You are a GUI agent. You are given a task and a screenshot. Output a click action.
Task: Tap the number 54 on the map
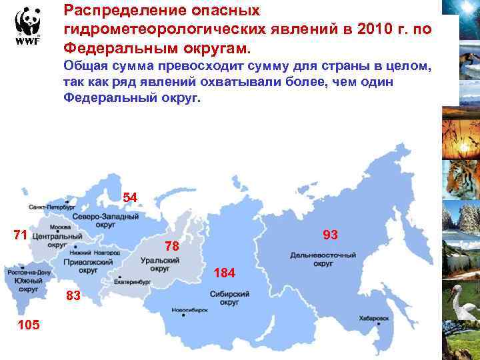(x=130, y=197)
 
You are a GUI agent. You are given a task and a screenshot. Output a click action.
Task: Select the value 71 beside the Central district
(x=20, y=234)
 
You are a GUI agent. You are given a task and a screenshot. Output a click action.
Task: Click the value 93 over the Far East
(x=330, y=235)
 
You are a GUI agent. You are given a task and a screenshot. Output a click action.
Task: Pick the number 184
(x=224, y=273)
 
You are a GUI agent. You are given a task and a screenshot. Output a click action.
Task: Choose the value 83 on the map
(x=73, y=296)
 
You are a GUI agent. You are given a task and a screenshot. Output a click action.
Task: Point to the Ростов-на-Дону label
(x=29, y=273)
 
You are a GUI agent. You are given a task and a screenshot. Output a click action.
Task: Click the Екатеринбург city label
(x=133, y=282)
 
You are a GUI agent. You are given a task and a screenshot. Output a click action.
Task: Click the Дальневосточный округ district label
(x=323, y=259)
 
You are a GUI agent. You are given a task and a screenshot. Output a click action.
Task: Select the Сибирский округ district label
(x=229, y=297)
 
